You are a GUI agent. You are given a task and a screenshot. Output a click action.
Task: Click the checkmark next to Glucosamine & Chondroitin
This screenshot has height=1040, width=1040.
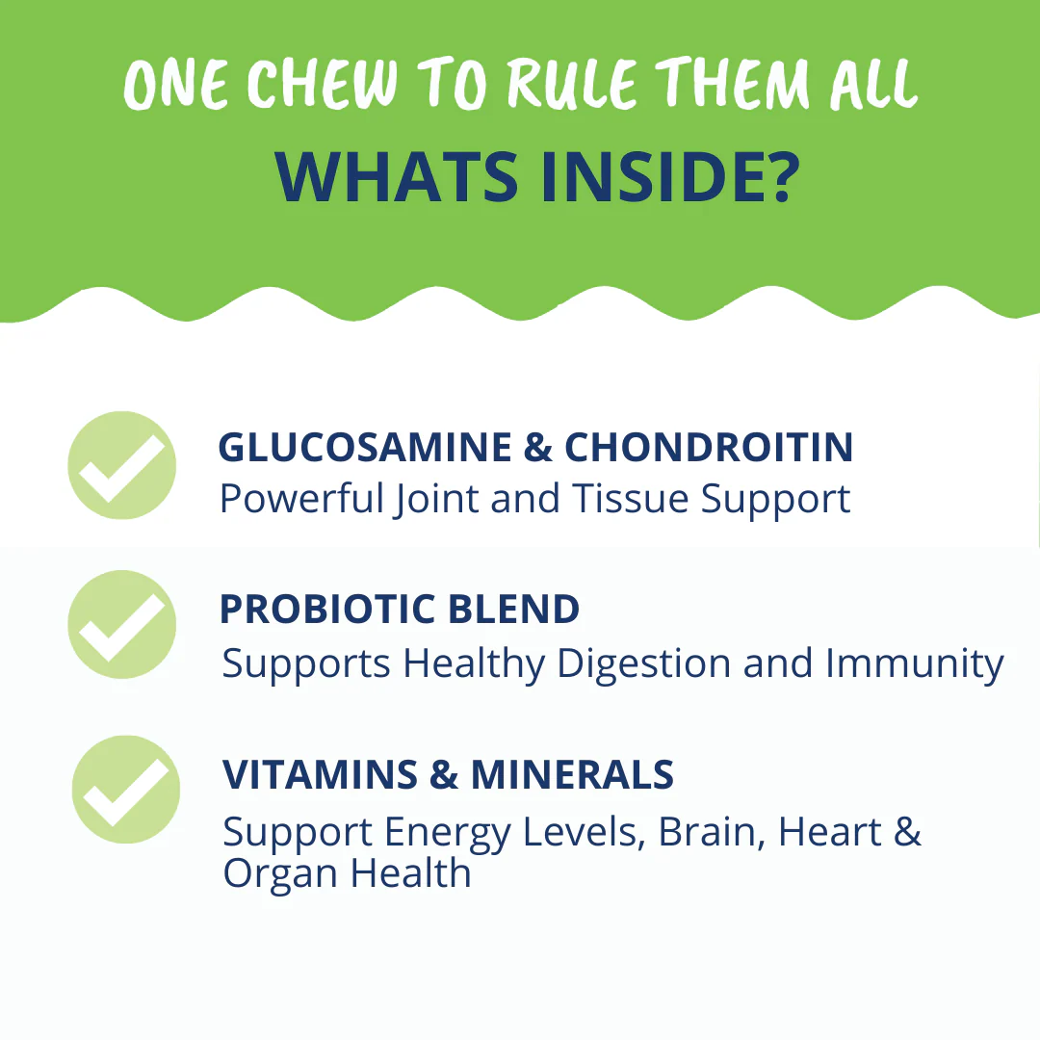pyautogui.click(x=122, y=466)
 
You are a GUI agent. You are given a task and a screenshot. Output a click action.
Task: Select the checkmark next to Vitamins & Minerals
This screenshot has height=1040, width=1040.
pyautogui.click(x=126, y=790)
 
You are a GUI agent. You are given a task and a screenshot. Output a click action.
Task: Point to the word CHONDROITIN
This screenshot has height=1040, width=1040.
pyautogui.click(x=709, y=448)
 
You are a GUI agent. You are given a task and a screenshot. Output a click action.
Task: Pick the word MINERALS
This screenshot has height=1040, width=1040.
pyautogui.click(x=572, y=775)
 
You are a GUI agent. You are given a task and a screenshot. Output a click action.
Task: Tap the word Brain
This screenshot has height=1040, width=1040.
pyautogui.click(x=712, y=832)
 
